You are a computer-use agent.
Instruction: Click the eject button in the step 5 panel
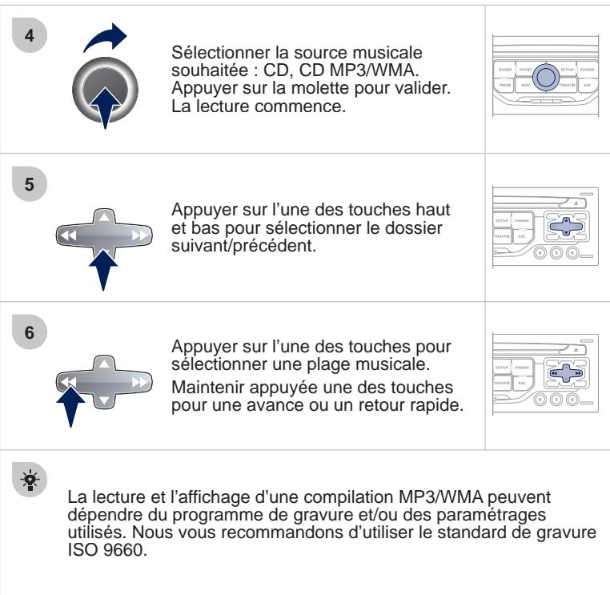coord(577,205)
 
